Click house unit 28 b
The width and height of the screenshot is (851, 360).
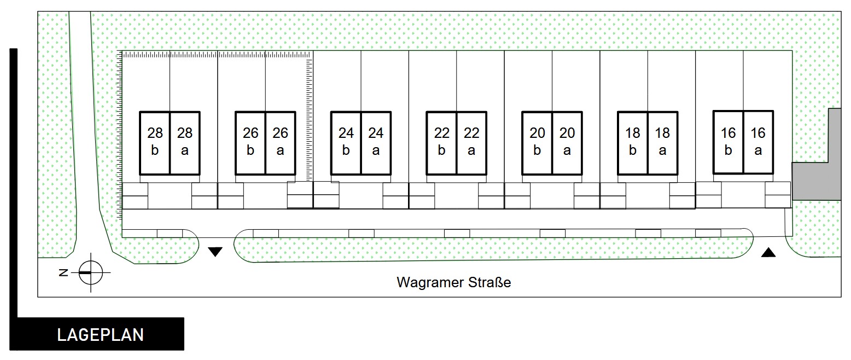point(155,142)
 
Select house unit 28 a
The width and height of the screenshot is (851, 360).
point(185,142)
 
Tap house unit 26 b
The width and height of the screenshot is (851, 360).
point(250,142)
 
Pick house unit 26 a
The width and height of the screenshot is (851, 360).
point(281,142)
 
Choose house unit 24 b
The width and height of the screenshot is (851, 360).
point(346,142)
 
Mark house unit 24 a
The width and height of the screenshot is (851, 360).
point(376,142)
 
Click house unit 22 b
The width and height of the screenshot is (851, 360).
point(442,142)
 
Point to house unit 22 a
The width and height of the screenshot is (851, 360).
point(471,142)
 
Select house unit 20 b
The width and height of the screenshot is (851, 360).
point(537,142)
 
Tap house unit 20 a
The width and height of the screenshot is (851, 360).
point(567,142)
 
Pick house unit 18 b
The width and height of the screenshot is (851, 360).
point(633,142)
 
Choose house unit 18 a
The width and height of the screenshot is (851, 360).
point(662,142)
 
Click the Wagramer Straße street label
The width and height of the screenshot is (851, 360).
point(453,283)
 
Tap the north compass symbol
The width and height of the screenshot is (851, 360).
point(90,272)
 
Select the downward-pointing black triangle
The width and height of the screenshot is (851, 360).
point(215,252)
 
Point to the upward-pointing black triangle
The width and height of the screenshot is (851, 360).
point(768,252)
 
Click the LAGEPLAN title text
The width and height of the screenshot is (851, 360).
point(101,334)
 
